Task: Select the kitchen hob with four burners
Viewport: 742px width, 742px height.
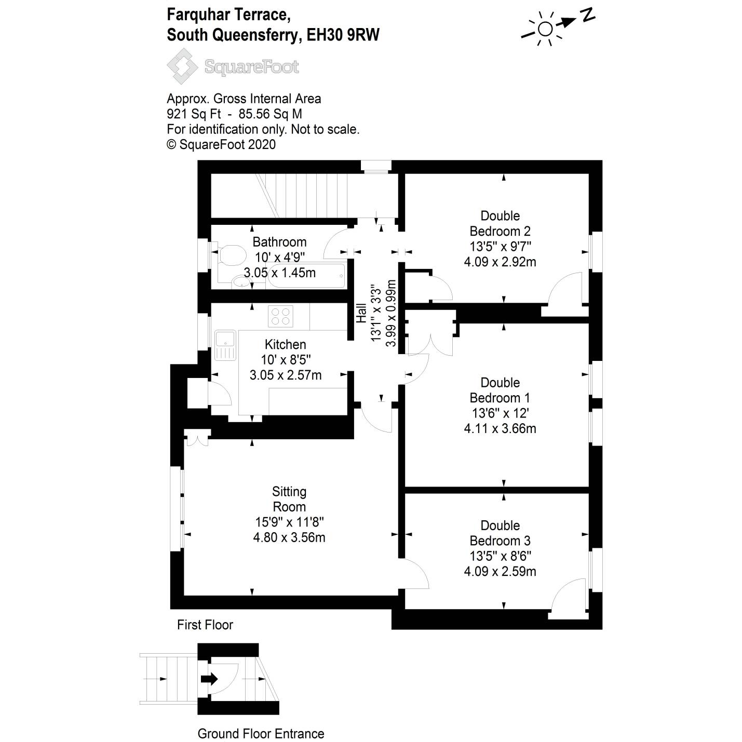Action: (x=280, y=316)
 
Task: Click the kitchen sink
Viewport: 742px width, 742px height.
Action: (x=225, y=345)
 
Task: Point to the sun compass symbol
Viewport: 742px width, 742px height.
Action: (x=545, y=29)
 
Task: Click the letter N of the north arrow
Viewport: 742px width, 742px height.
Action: (x=587, y=16)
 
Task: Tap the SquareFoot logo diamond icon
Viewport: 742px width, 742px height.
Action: (x=182, y=66)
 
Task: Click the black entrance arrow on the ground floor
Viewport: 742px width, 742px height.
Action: (x=209, y=679)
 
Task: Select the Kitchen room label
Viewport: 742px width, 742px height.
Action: (x=285, y=344)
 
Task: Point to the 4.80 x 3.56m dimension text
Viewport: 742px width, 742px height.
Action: (x=289, y=537)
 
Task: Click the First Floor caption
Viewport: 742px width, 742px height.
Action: (x=205, y=625)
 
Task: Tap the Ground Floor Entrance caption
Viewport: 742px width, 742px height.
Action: (x=261, y=734)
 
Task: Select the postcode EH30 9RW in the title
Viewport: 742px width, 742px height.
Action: (x=343, y=35)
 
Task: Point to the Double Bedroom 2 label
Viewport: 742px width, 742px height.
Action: (x=500, y=223)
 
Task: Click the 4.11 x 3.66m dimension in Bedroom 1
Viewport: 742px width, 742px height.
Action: (x=500, y=428)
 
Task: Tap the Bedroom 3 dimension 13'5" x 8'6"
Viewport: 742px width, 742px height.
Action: (x=500, y=556)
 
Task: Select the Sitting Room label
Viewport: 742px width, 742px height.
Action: (x=289, y=499)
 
